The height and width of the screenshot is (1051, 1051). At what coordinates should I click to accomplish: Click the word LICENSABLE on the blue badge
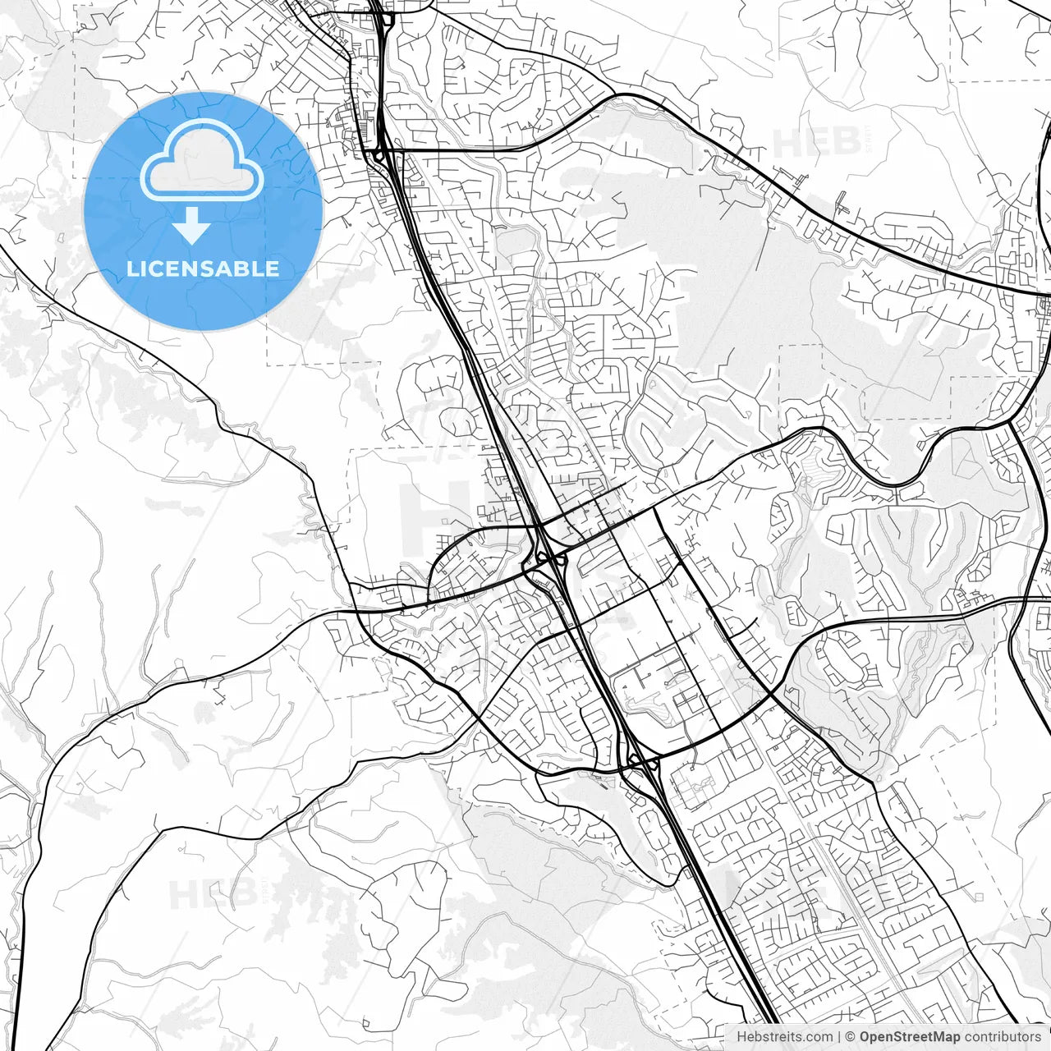[x=202, y=268]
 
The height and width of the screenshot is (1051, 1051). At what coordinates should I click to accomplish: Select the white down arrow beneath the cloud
[x=192, y=225]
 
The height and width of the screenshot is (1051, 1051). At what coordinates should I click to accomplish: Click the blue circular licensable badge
[x=203, y=211]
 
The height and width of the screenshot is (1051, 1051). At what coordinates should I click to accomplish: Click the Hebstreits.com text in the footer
[x=784, y=1037]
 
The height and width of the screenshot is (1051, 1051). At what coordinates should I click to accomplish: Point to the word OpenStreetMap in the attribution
[x=909, y=1037]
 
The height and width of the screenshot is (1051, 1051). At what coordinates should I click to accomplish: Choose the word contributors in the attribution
[x=1003, y=1037]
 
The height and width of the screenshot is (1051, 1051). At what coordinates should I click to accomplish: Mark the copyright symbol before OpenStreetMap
[x=851, y=1037]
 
